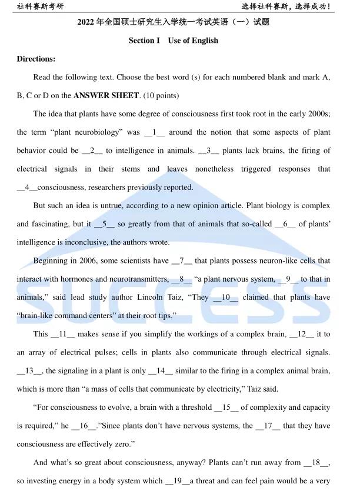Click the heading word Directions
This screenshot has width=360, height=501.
(36, 59)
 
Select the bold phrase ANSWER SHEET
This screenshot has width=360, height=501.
(106, 95)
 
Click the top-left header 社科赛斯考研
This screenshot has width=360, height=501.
(41, 6)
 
